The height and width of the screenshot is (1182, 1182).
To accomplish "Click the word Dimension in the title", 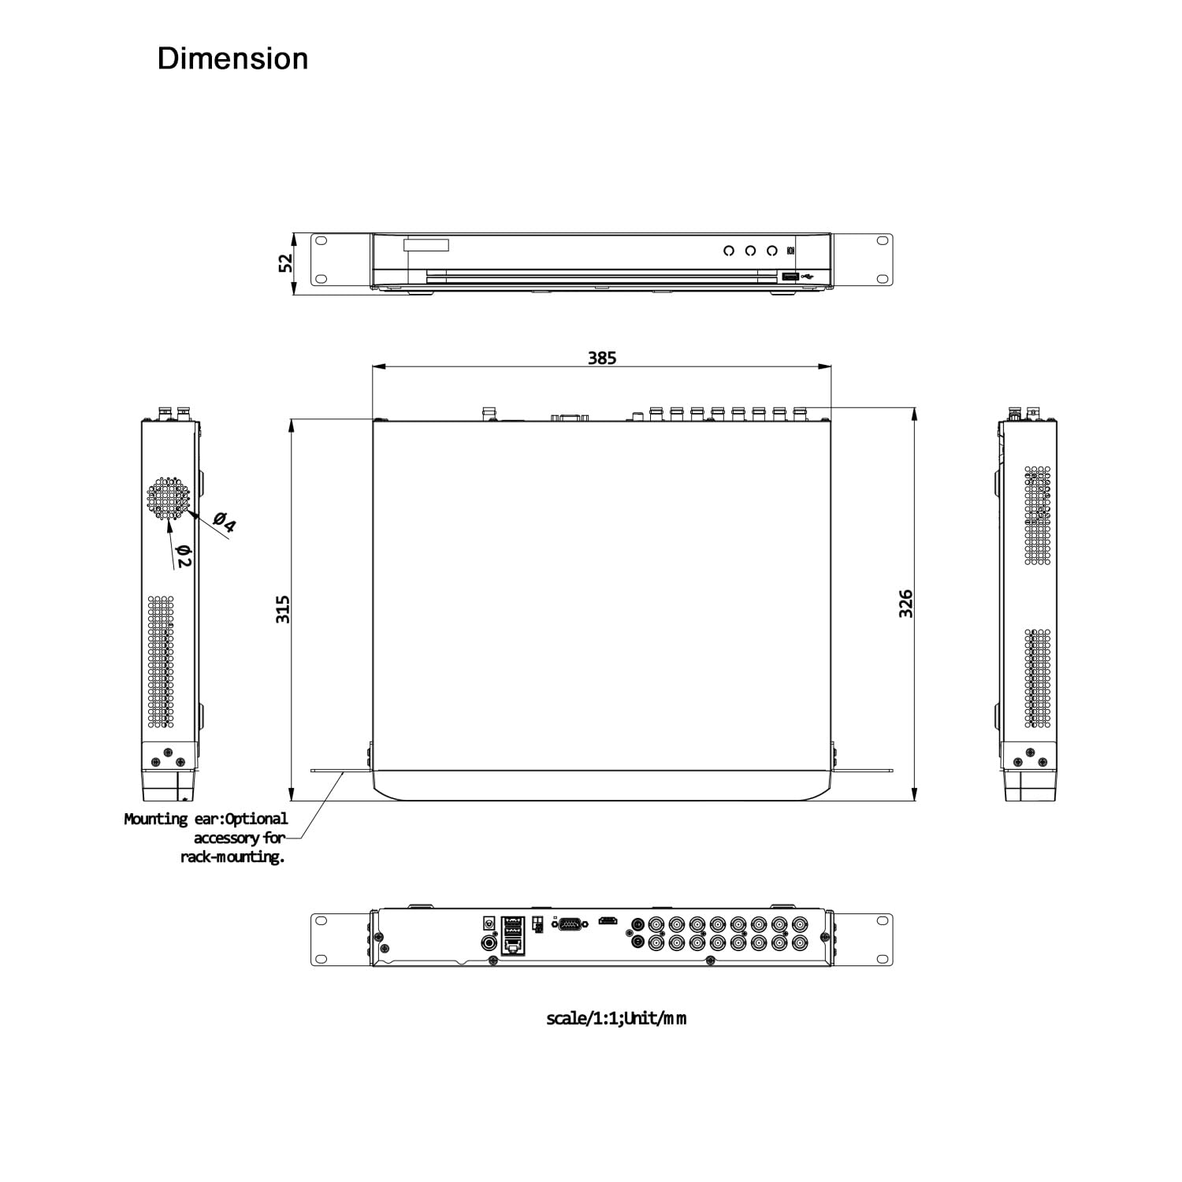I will coord(232,59).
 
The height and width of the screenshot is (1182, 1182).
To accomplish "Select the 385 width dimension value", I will coord(602,358).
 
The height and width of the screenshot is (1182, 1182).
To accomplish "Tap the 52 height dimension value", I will coord(285,262).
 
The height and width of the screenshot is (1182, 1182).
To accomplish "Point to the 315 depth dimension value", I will coord(283,609).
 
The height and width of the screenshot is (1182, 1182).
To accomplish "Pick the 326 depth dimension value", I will coord(906,603).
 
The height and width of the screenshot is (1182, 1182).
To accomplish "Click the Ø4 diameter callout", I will coord(225,522).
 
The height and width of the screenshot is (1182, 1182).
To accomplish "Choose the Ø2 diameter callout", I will coord(184,556).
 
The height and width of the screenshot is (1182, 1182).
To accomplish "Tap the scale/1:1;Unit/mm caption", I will coord(616,1018).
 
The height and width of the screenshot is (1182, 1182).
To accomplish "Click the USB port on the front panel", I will coord(790,277).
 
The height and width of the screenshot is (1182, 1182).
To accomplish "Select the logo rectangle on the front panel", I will coord(426,245).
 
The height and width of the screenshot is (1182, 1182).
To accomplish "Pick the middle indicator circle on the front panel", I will coord(750,251).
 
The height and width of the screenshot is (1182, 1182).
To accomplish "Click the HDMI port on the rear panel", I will coord(608,920).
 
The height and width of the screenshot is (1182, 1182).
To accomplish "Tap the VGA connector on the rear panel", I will coord(571,924).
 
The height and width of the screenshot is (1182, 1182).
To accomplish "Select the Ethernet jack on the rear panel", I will coord(513,944).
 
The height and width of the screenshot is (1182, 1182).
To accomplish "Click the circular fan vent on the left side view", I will coord(168,499).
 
